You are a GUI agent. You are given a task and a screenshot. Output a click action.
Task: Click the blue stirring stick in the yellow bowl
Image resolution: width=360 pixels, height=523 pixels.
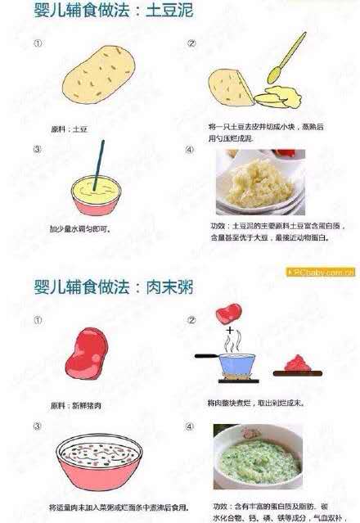[x=98, y=167]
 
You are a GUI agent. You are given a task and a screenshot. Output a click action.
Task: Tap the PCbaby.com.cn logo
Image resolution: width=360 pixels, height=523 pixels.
[x=321, y=273]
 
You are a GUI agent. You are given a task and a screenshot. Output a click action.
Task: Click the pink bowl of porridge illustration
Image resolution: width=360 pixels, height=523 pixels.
[x=101, y=459]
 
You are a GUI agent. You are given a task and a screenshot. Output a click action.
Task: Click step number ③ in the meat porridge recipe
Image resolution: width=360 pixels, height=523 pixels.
[x=37, y=426]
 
